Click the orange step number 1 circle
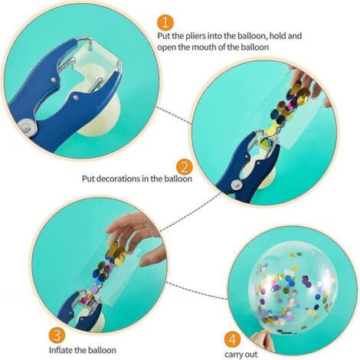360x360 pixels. (x=165, y=23)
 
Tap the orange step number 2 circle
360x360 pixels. (x=184, y=167)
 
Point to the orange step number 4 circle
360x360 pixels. (x=233, y=340)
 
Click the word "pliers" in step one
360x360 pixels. (x=194, y=36)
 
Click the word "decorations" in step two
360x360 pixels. (x=119, y=178)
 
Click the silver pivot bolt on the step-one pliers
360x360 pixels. (x=27, y=126)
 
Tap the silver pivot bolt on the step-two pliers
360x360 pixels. (x=236, y=185)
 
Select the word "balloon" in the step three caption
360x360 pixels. (x=101, y=350)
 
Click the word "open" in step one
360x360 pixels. (x=166, y=48)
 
